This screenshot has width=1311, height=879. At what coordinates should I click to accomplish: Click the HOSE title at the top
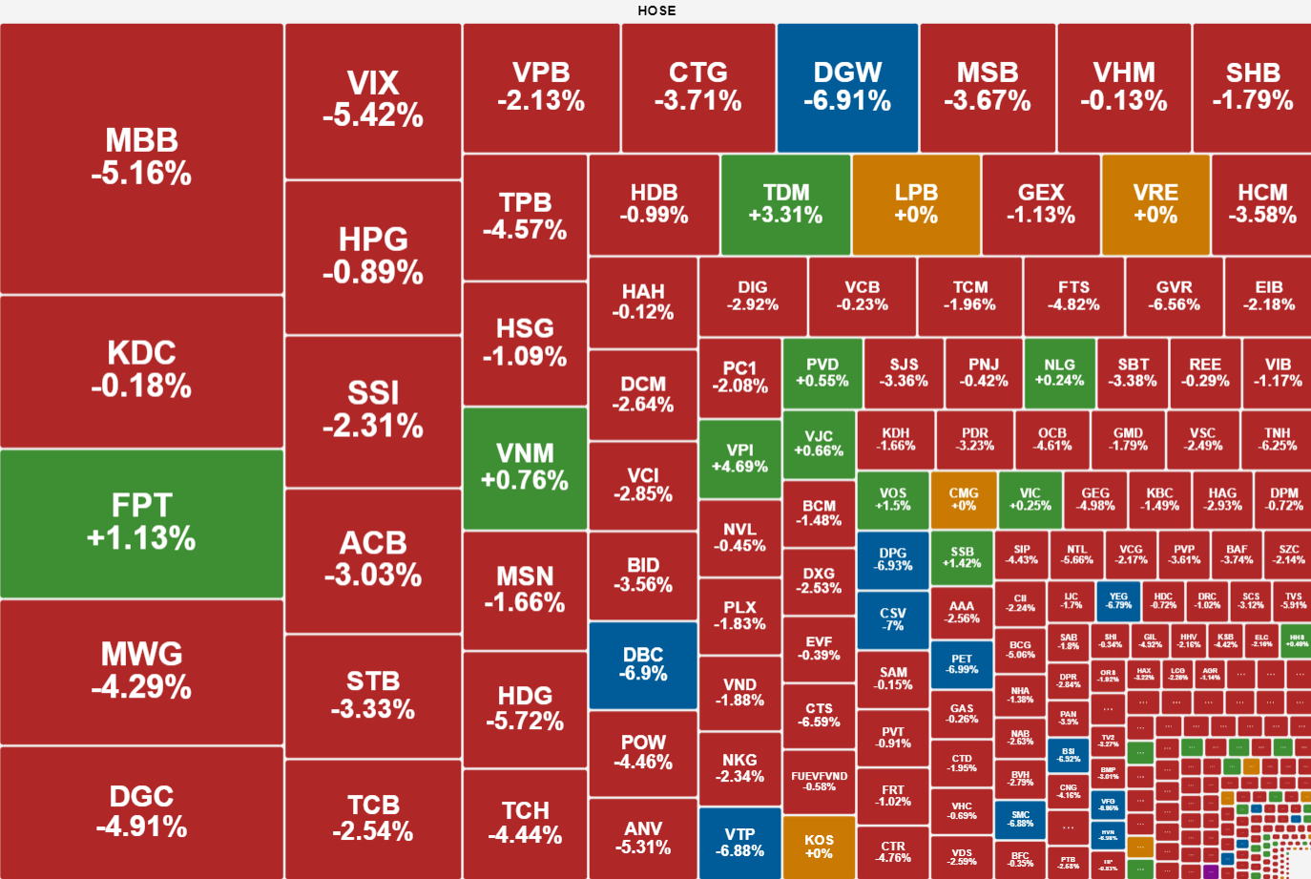656,10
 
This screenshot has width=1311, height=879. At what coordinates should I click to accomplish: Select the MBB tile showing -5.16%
141,158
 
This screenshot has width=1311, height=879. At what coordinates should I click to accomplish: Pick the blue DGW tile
847,88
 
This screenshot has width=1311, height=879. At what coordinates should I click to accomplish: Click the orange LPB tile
916,204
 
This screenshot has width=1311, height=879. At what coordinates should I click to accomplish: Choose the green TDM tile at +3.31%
785,204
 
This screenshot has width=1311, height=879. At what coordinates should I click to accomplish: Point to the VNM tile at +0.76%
525,468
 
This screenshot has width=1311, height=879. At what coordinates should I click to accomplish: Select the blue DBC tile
642,664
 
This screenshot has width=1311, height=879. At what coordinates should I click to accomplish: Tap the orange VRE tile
1155,204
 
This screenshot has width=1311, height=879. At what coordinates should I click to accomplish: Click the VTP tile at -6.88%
739,842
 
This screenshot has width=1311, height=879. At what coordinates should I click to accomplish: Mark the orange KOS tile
819,846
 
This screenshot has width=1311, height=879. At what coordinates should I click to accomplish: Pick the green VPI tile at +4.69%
739,458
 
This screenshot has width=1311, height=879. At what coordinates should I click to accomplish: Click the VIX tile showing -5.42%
373,100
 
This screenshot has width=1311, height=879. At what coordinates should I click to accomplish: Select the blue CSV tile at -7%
892,618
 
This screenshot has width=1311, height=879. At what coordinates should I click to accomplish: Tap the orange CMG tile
963,499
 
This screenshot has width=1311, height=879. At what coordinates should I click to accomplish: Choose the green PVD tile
822,372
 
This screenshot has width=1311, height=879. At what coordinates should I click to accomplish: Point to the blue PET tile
962,663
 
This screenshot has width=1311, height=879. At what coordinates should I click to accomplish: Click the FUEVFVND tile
819,781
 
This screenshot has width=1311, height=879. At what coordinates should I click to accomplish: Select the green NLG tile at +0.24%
1059,372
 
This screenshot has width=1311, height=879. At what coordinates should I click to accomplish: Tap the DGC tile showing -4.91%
141,811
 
